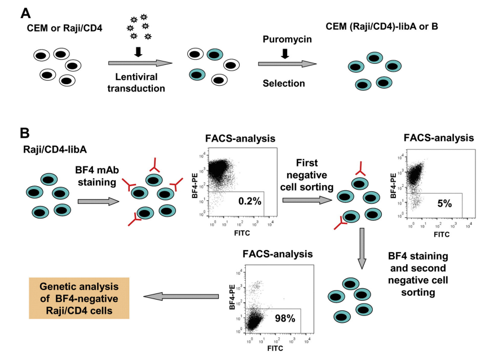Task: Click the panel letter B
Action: click(25, 133)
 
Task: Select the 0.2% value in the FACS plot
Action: click(250, 201)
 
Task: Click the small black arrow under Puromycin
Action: click(285, 54)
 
